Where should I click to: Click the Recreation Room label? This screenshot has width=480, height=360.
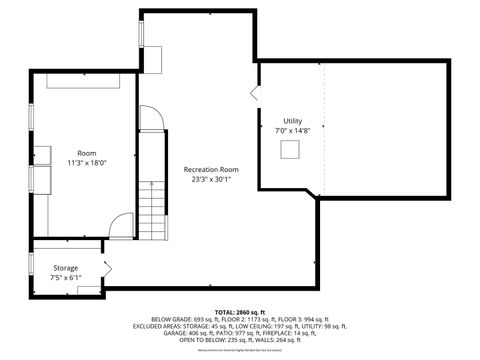coord(211,170)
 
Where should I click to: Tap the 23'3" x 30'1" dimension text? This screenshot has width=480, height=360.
coord(211,180)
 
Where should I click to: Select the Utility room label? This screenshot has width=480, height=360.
coord(291,120)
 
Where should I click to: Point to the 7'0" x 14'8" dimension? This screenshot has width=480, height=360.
coord(293,130)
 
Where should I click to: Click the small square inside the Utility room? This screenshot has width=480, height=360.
coord(291,149)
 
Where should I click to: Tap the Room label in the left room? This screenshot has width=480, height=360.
coord(87,152)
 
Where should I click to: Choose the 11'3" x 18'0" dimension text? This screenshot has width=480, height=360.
coord(87,162)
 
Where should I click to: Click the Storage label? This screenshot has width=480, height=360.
coord(66,268)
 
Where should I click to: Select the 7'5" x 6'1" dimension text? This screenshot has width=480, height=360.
coord(66,278)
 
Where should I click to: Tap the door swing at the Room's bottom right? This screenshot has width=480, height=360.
coord(121,227)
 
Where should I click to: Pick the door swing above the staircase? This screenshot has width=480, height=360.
coord(151,119)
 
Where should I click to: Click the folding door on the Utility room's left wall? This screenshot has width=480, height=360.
coord(254,93)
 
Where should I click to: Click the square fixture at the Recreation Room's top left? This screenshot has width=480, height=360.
coord(154,58)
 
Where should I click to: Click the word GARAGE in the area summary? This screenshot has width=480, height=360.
coord(162,333)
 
